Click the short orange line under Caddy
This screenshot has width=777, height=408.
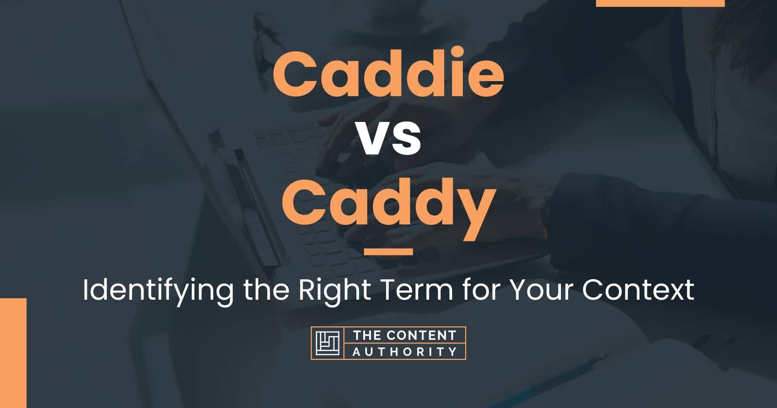tap(388, 252)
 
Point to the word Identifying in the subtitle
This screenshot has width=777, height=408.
tap(158, 291)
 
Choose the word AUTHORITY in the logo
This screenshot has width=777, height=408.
tap(405, 352)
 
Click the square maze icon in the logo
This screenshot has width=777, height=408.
tap(327, 343)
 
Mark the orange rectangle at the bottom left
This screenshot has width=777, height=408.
tap(13, 353)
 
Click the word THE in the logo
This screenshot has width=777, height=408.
tap(366, 336)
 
